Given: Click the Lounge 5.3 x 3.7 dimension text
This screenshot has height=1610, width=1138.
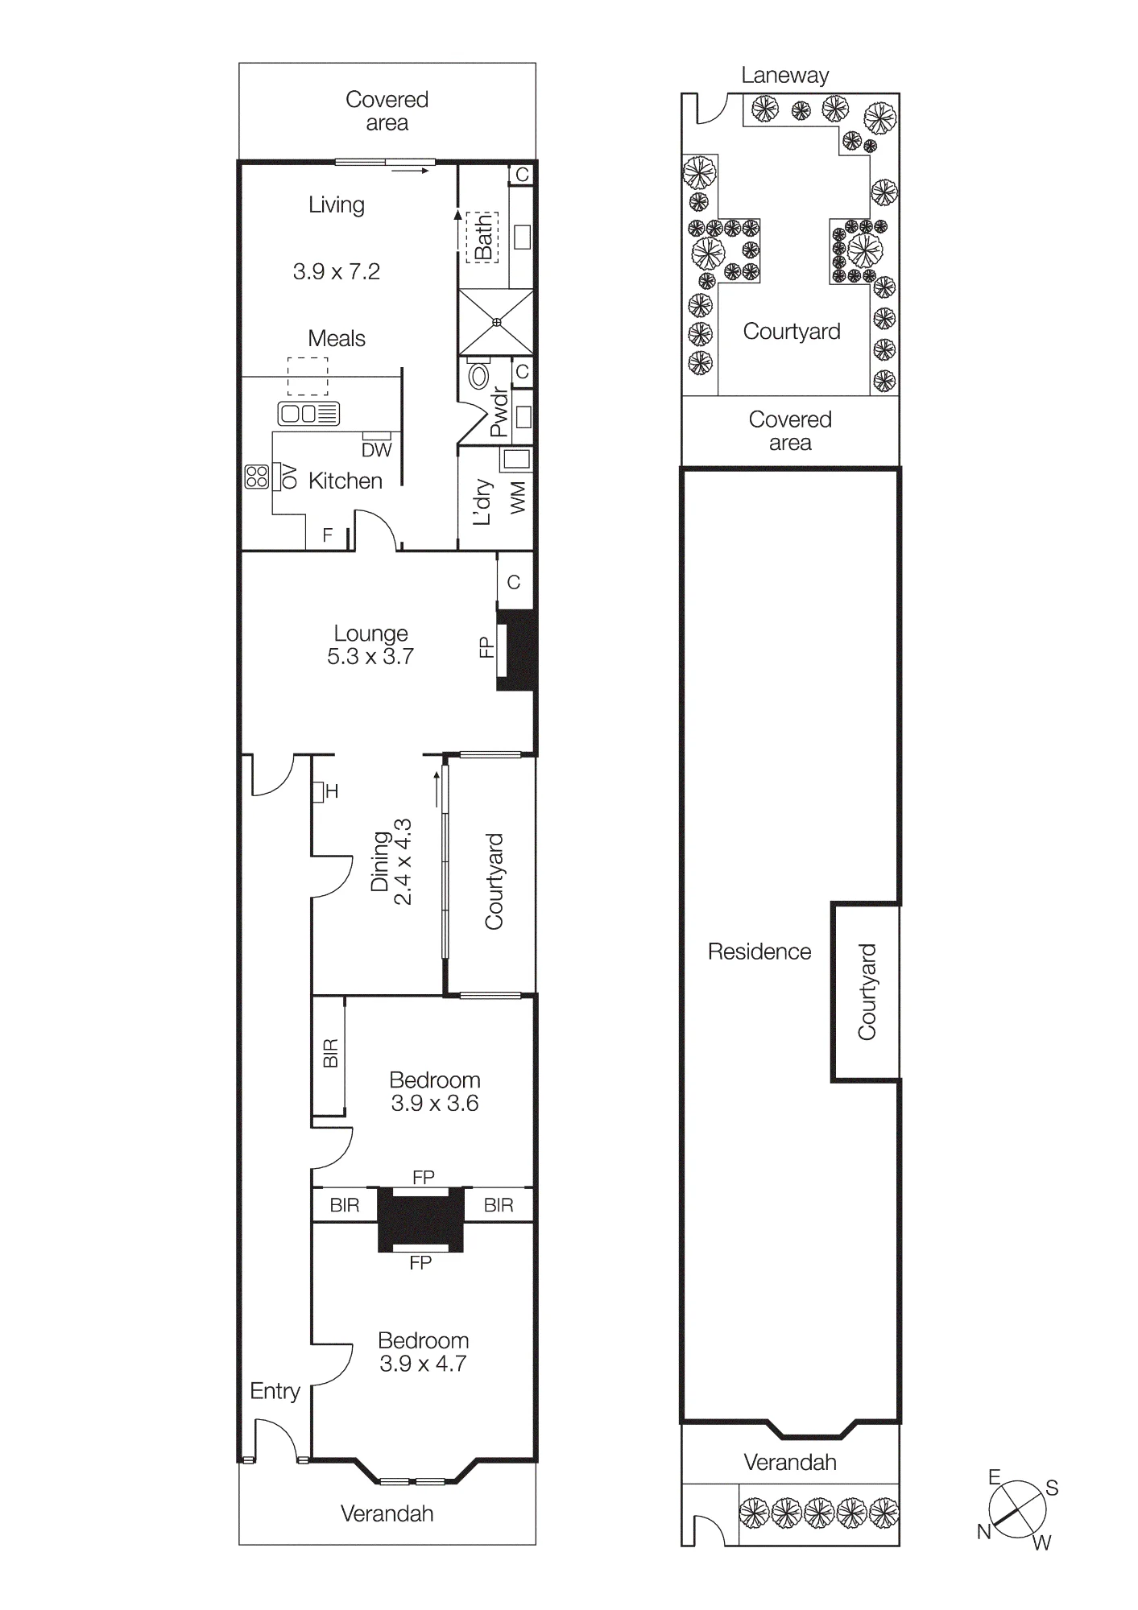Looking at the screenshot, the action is tap(370, 656).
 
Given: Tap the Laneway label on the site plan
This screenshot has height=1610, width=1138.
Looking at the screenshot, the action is tap(785, 76).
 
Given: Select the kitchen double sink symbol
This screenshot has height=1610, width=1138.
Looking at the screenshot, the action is tap(308, 414).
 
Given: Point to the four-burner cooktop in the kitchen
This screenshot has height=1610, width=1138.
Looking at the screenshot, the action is tap(257, 477).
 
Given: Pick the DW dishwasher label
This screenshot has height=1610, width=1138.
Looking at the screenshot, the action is tap(376, 451).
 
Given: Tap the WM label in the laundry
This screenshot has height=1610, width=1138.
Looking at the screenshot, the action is tap(518, 497).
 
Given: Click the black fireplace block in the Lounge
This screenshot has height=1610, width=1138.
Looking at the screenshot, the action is tap(517, 650).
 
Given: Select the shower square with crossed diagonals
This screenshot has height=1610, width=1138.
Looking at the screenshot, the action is tap(496, 322).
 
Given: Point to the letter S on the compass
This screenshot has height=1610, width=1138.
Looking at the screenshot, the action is tap(1052, 1488).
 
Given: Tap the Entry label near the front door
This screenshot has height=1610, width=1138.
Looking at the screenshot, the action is tap(275, 1392).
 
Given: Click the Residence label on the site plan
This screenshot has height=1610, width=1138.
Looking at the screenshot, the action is tap(759, 952).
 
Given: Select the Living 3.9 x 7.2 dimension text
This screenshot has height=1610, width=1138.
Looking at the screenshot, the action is tap(337, 271).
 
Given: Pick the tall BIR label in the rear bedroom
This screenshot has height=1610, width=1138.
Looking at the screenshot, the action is tap(330, 1054).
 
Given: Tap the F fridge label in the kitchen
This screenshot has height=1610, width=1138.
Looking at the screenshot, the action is tap(328, 535).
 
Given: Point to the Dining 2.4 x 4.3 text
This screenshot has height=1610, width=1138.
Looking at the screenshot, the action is tap(391, 862).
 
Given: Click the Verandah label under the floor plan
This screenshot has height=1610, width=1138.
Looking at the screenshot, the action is tap(387, 1514).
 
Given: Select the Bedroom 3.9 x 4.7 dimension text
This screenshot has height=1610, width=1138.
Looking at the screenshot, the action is tap(423, 1363).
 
